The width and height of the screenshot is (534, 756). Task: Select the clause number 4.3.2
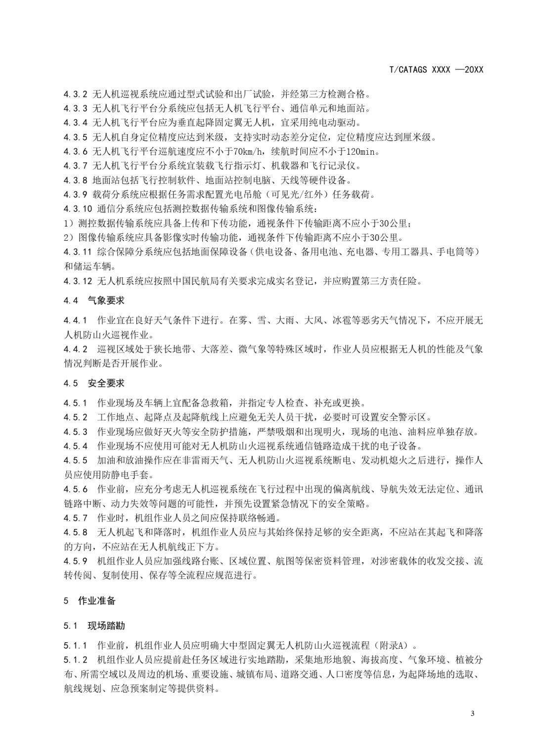tap(75, 94)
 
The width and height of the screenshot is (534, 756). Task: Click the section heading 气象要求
tap(106, 300)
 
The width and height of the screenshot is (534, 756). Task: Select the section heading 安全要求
tap(106, 383)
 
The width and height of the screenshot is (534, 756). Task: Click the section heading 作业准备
tap(97, 601)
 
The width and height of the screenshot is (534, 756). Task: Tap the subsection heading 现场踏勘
tap(106, 625)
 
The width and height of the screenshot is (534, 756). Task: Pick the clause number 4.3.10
tap(78, 209)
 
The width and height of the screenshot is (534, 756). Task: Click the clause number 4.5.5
tap(75, 460)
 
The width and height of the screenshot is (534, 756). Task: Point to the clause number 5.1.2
tap(75, 660)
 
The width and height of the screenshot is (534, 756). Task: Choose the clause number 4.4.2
tap(75, 349)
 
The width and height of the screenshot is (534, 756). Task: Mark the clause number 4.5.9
tap(75, 561)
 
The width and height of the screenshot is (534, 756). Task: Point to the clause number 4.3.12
tap(78, 281)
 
